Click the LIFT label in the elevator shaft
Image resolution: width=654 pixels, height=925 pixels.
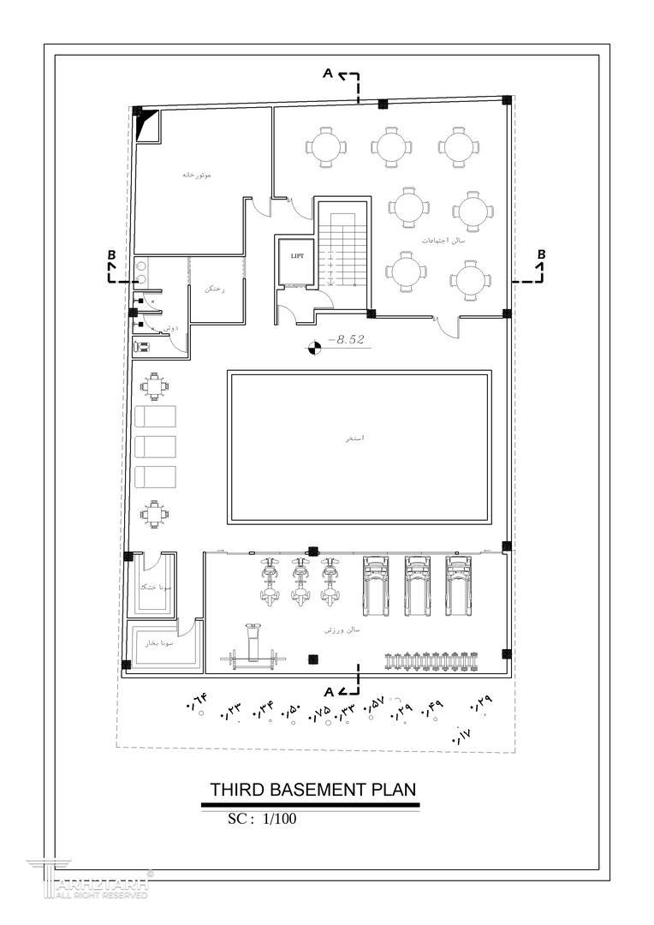click(x=297, y=256)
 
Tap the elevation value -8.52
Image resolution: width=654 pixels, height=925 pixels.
click(x=346, y=340)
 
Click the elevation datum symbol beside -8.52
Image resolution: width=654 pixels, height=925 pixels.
click(x=314, y=347)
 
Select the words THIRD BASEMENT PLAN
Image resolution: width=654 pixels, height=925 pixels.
click(x=312, y=789)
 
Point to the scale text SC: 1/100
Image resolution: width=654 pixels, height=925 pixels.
click(x=262, y=819)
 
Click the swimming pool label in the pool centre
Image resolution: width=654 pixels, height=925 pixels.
click(x=355, y=438)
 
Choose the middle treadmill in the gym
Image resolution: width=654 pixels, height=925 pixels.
click(x=417, y=584)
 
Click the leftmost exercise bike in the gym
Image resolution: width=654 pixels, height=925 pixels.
click(x=270, y=582)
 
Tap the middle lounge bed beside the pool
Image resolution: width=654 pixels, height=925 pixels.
click(x=155, y=446)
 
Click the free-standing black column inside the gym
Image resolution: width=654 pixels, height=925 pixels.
click(x=313, y=659)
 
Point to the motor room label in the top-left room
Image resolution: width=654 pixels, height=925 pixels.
click(x=196, y=175)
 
